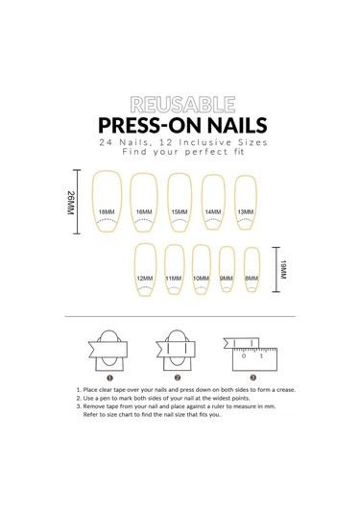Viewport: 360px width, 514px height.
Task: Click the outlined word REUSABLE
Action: coord(182,105)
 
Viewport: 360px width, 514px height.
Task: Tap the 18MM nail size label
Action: coord(107,212)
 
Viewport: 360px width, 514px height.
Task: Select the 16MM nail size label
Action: coord(144,212)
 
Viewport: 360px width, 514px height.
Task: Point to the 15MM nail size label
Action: coord(180,212)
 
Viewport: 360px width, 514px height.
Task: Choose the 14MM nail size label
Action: coord(213,212)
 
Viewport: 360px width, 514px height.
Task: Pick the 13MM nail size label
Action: coord(246,212)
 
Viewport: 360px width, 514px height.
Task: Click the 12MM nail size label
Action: coord(145,279)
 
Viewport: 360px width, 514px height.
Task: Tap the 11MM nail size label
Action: coord(174,279)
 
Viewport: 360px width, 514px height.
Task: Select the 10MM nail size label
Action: coord(202,279)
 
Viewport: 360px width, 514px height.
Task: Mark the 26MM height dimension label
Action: coord(71,203)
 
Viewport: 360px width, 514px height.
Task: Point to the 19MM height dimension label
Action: coord(283,270)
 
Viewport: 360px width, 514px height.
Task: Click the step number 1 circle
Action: coord(110,378)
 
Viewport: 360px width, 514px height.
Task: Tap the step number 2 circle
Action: coord(178,378)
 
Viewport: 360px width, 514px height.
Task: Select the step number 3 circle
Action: coord(253,378)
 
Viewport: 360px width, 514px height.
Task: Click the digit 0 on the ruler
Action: coord(244,356)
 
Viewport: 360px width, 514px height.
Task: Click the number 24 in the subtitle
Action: coord(107,142)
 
